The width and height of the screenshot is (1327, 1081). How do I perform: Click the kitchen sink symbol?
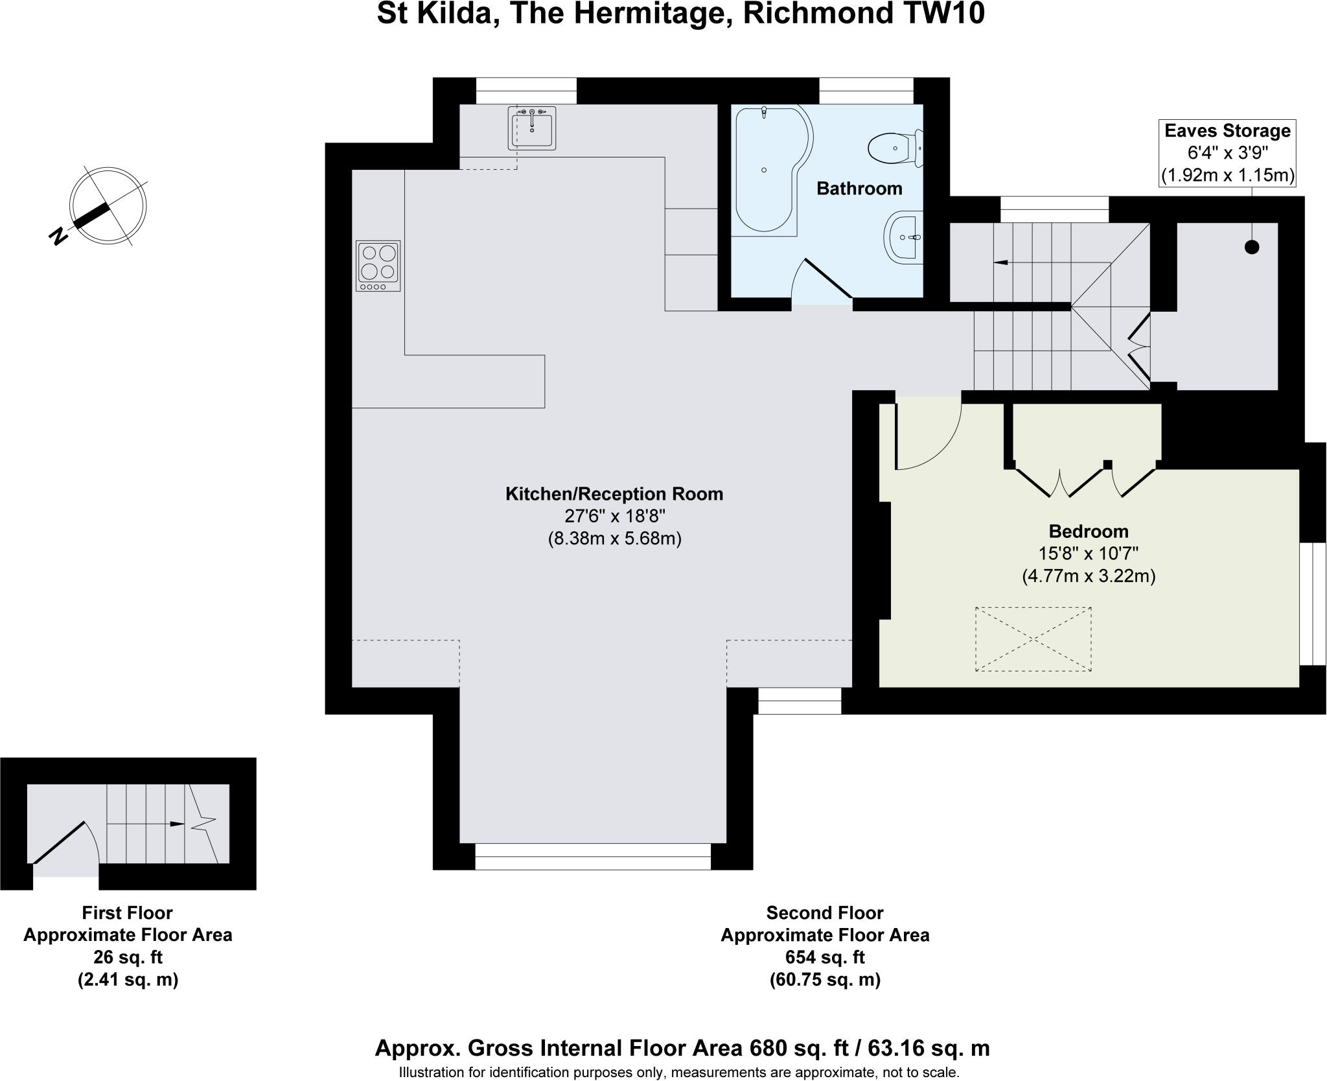click(532, 128)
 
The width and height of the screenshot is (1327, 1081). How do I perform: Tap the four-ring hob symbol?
click(378, 266)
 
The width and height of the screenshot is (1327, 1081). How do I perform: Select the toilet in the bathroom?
click(894, 148)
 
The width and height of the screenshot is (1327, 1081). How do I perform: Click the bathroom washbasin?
click(903, 237)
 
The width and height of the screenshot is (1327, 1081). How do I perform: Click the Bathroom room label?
click(859, 189)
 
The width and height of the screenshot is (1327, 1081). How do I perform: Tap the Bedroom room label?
click(1089, 531)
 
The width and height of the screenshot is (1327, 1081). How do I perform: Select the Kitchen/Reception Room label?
click(614, 494)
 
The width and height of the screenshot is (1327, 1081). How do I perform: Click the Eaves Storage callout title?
click(1227, 131)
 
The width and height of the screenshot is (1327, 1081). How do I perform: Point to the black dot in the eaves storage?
click(1252, 247)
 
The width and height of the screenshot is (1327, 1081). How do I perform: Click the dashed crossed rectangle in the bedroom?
click(1033, 639)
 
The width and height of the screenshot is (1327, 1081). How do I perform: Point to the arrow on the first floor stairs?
click(176, 824)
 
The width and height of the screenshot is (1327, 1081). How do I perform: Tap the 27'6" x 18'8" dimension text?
click(615, 517)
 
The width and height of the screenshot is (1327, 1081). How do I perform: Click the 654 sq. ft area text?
click(824, 957)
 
